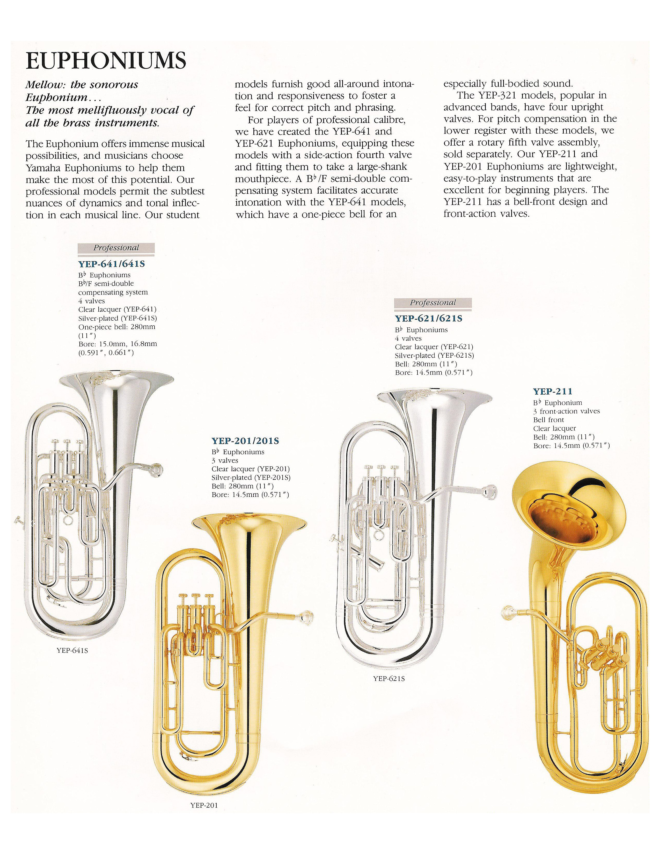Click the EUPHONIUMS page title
click(x=106, y=61)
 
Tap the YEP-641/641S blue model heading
click(x=112, y=264)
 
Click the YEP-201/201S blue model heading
click(x=245, y=441)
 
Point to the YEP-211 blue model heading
click(x=553, y=391)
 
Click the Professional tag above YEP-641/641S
click(x=116, y=248)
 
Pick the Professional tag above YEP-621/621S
click(x=433, y=303)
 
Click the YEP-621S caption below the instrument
click(x=389, y=679)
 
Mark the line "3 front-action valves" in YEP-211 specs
click(x=566, y=411)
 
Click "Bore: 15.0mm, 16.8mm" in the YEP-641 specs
click(x=117, y=344)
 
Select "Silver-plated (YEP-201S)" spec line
click(x=251, y=477)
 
